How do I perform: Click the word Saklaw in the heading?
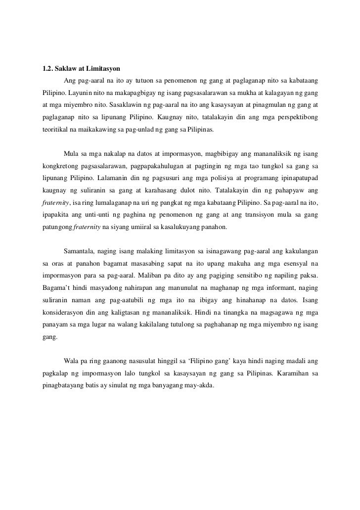67,67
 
